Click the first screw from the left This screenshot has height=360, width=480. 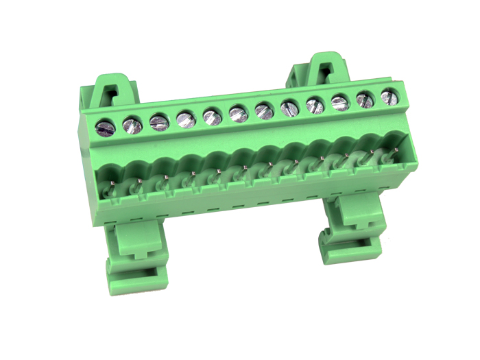tap(106, 127)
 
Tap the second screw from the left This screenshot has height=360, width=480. tap(132, 125)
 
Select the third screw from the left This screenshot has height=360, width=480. tap(159, 122)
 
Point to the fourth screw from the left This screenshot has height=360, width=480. tap(186, 119)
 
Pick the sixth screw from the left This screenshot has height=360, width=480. tap(239, 113)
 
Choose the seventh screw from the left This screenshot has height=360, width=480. tap(265, 110)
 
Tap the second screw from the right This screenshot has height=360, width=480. tap(365, 99)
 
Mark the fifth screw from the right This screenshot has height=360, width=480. tap(290, 108)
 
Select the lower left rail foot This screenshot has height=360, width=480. tap(136, 257)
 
